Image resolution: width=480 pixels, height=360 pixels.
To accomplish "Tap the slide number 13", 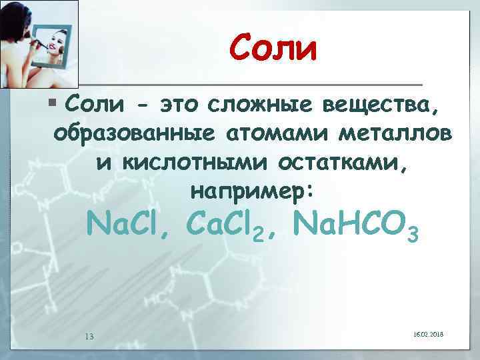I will click(89, 335).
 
